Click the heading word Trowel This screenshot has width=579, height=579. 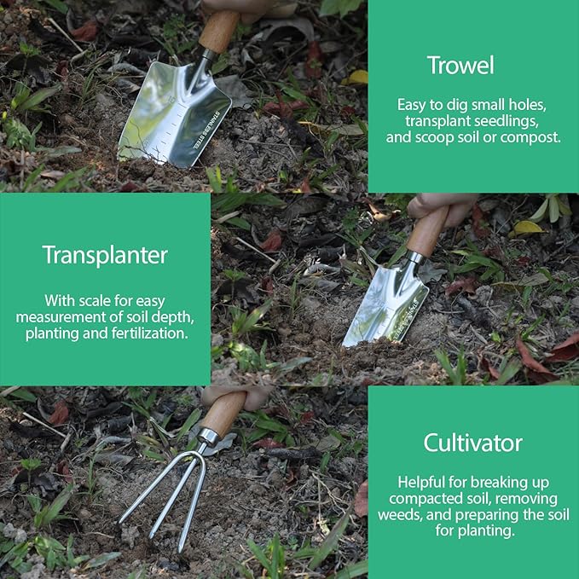point(460,66)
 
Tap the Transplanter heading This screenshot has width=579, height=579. point(105,255)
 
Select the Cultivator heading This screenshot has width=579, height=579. point(473,443)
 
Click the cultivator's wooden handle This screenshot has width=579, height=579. point(223,414)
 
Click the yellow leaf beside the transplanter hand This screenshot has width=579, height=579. point(527,227)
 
